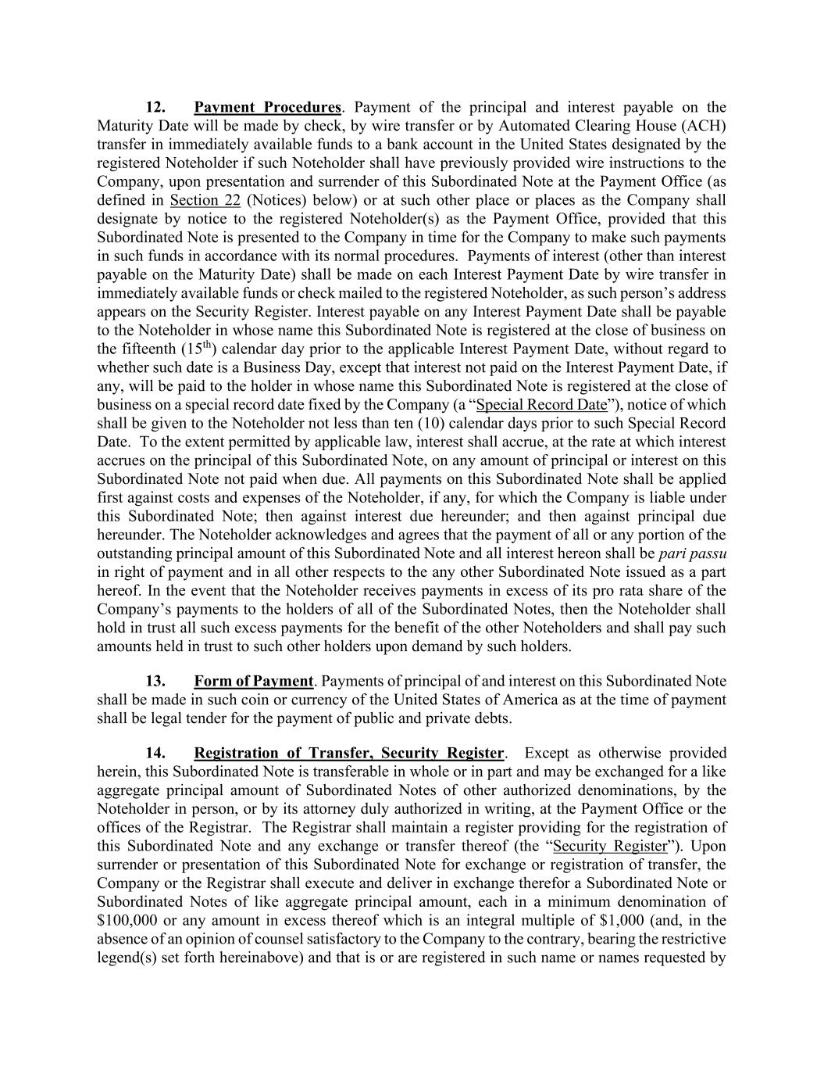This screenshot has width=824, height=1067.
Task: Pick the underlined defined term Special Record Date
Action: (x=541, y=405)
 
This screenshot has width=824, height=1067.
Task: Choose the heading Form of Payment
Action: (x=253, y=682)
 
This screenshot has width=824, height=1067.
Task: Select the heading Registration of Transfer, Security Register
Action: (x=349, y=754)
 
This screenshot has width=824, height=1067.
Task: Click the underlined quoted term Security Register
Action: (x=610, y=847)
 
